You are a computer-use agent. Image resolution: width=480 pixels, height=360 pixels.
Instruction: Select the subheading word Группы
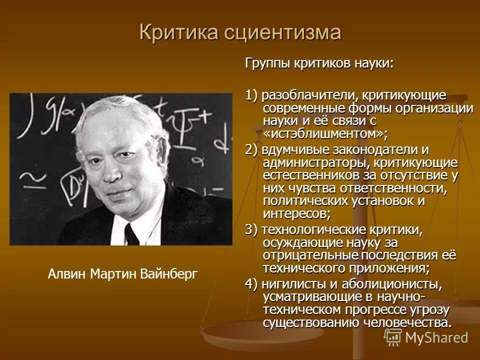(x=265, y=63)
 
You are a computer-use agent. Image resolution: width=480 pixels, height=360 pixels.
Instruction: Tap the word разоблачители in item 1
(x=297, y=95)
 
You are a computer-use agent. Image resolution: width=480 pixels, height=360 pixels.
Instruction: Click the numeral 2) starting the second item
(x=251, y=150)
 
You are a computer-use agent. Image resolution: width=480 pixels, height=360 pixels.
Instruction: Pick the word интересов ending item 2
(x=295, y=214)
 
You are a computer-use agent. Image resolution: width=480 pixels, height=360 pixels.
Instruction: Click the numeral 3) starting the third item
(x=251, y=229)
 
